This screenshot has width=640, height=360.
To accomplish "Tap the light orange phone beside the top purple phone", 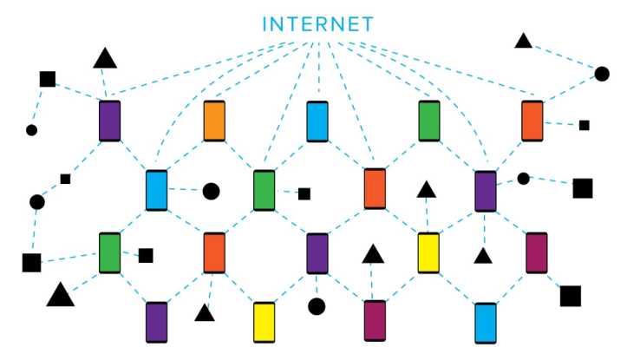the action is (214, 121).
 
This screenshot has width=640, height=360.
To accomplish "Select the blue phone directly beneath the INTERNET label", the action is (317, 121).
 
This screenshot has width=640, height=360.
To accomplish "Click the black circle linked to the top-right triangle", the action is (602, 75).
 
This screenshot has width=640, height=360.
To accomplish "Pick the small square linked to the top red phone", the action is (584, 125).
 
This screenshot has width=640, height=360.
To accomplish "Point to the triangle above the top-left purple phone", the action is (105, 57).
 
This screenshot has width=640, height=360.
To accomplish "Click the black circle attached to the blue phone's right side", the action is (211, 191).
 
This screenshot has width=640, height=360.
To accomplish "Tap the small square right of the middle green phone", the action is (304, 193).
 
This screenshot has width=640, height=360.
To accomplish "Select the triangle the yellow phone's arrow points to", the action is (426, 189).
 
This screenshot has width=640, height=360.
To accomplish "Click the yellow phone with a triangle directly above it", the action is (428, 253).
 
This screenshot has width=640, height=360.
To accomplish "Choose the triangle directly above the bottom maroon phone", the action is (373, 254).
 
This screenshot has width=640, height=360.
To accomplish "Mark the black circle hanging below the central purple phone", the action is (317, 306).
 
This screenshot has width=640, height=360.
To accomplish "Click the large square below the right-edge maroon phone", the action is (571, 297).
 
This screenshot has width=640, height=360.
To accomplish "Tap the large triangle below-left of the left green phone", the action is (61, 294).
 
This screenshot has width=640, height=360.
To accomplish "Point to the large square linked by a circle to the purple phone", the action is (583, 188).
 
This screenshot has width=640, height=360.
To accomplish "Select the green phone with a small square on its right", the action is (264, 190).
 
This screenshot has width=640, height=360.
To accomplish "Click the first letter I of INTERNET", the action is (264, 24).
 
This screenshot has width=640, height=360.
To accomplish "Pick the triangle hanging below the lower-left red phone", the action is (205, 312).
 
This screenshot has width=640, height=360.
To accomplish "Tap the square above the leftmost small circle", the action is (48, 79).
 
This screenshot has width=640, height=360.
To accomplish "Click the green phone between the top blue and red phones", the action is (429, 121).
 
